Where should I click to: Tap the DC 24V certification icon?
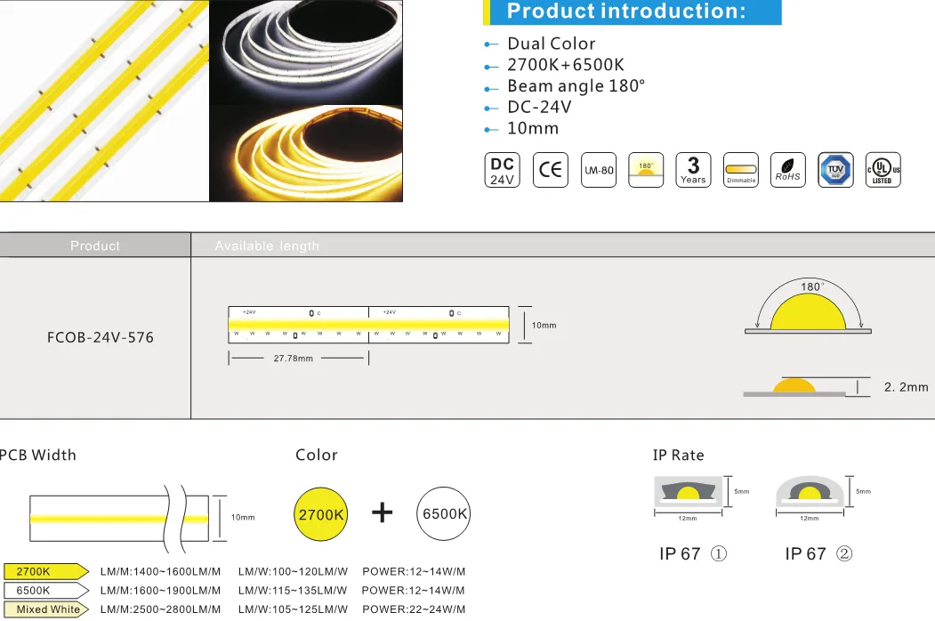click(x=503, y=170)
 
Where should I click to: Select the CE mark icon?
click(x=550, y=170)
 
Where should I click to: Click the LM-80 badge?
click(x=598, y=170)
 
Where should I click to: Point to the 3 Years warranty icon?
click(x=693, y=170)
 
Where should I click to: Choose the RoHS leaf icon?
click(x=787, y=170)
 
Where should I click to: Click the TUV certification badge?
click(x=835, y=170)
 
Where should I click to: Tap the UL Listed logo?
click(x=883, y=170)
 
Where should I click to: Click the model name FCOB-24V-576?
click(x=100, y=338)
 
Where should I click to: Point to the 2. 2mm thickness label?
click(x=906, y=387)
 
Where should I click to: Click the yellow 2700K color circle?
click(x=321, y=515)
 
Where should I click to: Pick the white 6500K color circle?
click(x=444, y=515)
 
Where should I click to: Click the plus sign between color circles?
click(x=383, y=513)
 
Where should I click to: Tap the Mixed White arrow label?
click(x=46, y=609)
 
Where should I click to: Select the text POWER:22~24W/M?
click(x=414, y=609)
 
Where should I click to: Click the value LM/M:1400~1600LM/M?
click(x=160, y=571)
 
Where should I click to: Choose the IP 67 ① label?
click(x=693, y=554)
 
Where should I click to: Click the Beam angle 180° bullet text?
click(x=576, y=85)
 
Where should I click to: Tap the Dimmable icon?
click(x=740, y=170)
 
